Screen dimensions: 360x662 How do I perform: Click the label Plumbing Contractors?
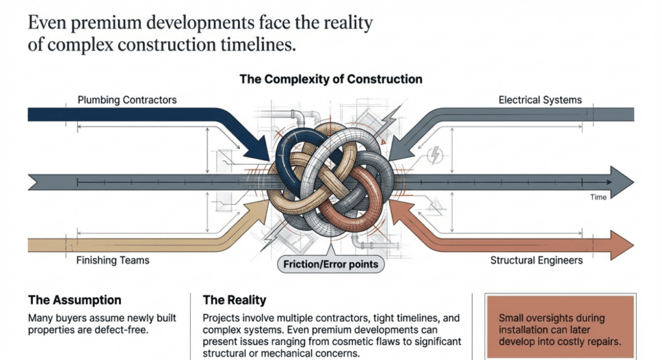click(127, 100)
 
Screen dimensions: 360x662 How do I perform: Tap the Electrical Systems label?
click(540, 100)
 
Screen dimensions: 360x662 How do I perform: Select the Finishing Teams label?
click(113, 260)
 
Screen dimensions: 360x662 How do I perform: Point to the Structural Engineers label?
click(536, 260)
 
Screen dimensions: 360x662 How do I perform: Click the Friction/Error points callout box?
click(330, 264)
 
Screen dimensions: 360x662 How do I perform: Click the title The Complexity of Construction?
click(330, 79)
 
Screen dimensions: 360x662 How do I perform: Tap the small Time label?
click(598, 197)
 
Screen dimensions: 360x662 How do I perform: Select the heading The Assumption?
click(74, 301)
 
